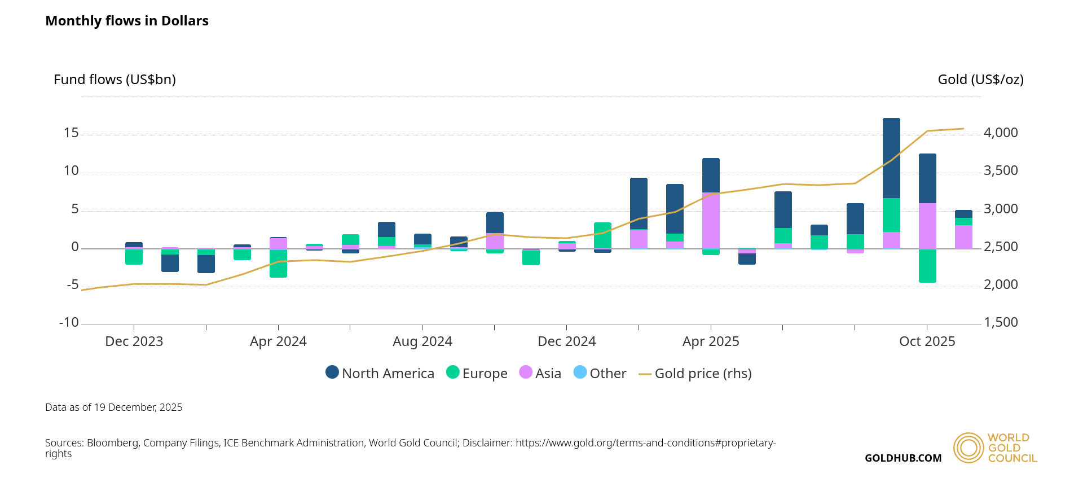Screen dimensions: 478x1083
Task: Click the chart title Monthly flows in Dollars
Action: coord(127,21)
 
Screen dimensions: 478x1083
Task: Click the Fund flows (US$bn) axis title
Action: coord(115,80)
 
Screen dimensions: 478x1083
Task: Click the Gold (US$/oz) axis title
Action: coord(980,80)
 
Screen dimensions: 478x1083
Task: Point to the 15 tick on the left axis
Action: coord(71,133)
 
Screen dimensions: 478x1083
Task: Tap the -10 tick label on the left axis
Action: coord(69,322)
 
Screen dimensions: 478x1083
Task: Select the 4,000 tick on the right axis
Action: coord(1001,133)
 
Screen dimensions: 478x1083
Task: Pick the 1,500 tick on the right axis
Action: coord(1001,322)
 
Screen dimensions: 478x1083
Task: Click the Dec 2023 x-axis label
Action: coord(134,341)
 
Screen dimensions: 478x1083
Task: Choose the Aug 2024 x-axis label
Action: coord(422,341)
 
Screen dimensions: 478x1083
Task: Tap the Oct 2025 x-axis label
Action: coord(927,341)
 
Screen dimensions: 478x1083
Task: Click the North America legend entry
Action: coord(380,373)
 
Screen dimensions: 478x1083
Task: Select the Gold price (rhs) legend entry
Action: coord(695,373)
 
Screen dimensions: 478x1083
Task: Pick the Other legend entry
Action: coord(600,373)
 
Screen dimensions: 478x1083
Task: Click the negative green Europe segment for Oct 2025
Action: coord(927,265)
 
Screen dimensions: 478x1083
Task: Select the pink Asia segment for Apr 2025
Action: coord(711,221)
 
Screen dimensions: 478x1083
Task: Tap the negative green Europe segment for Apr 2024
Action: coord(278,263)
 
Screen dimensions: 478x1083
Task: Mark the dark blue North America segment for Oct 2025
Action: coord(927,178)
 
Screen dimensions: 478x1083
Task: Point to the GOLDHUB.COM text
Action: coord(903,458)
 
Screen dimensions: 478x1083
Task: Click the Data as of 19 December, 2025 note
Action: coord(114,407)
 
